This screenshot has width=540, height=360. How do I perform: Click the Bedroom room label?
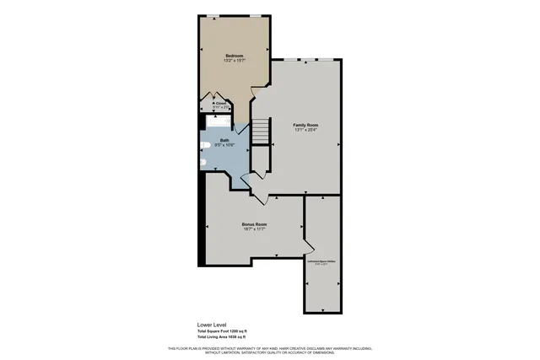pyautogui.click(x=234, y=55)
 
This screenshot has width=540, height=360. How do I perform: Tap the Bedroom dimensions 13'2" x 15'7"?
pyautogui.click(x=234, y=61)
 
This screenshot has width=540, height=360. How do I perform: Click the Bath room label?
pyautogui.click(x=225, y=140)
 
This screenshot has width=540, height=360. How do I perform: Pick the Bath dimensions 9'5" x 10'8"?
pyautogui.click(x=225, y=146)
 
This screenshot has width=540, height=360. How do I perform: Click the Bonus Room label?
pyautogui.click(x=255, y=224)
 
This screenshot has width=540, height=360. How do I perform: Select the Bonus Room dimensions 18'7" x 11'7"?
pyautogui.click(x=255, y=229)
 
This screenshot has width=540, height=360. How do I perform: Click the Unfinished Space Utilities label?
pyautogui.click(x=321, y=262)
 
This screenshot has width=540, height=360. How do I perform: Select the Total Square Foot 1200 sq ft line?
pyautogui.click(x=221, y=330)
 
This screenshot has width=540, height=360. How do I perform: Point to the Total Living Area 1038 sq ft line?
pyautogui.click(x=221, y=337)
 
